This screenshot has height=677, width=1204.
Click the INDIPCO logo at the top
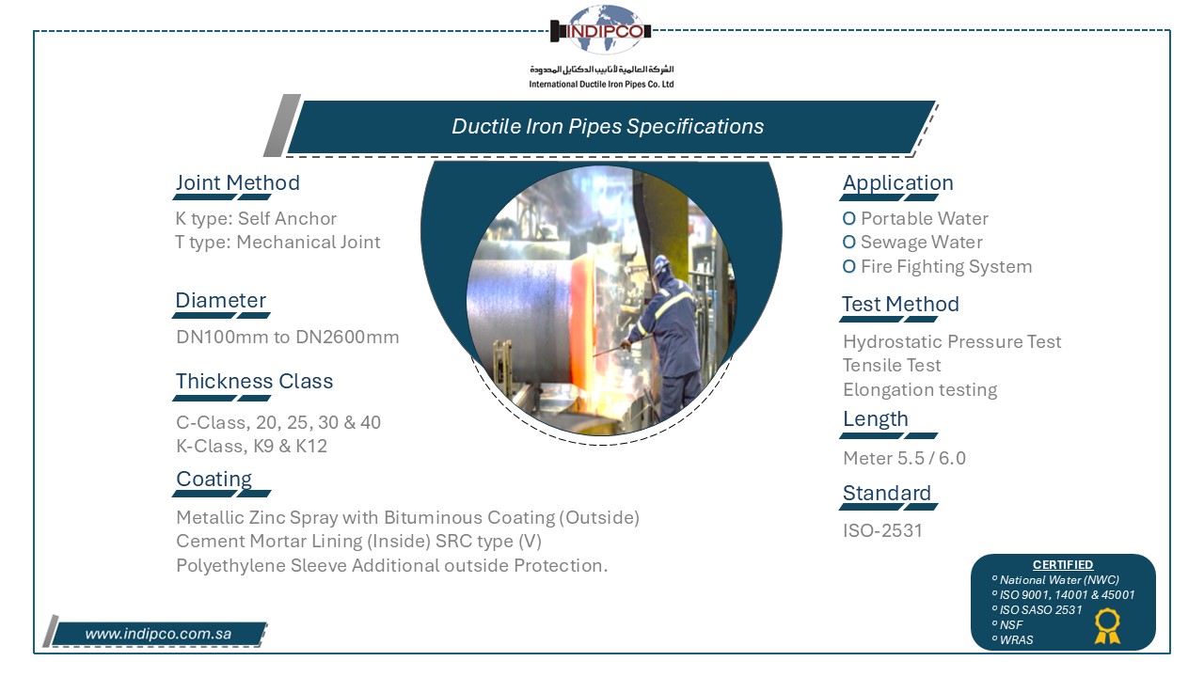[x=601, y=30]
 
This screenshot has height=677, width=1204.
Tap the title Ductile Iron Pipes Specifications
[x=608, y=126]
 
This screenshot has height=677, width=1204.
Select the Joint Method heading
[x=238, y=182]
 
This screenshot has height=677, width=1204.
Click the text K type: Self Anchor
[x=256, y=219]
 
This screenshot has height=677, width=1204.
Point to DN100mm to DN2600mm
[x=288, y=337]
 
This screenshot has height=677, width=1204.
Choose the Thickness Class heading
[x=254, y=381]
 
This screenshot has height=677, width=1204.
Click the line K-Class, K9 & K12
[x=251, y=446]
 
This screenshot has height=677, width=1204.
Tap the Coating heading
[x=214, y=479]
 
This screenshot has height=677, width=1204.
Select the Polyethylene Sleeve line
[x=392, y=565]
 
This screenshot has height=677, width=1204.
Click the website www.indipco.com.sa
[x=158, y=634]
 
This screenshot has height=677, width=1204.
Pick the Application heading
[x=897, y=182]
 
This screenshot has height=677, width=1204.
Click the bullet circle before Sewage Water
[x=848, y=243]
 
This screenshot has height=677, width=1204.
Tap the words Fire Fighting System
[x=946, y=266]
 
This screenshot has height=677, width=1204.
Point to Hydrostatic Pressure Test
[x=952, y=341]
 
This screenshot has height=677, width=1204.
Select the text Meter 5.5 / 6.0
[x=904, y=458]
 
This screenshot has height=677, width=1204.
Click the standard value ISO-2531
[x=882, y=531]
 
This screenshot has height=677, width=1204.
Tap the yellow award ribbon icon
[x=1107, y=626]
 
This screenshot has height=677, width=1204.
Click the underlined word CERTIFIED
[x=1063, y=565]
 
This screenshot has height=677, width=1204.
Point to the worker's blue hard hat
[x=661, y=264]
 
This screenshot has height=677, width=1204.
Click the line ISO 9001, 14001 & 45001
[x=1067, y=595]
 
